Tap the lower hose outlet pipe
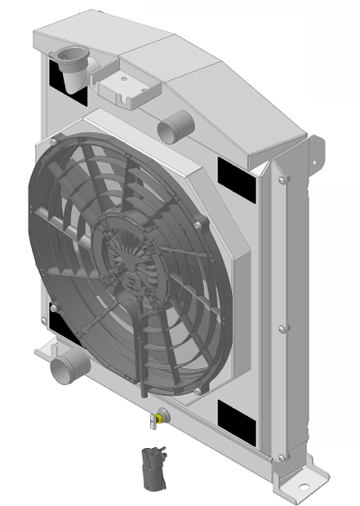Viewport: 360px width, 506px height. tap(65, 367)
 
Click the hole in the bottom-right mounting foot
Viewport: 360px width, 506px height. tap(304, 488)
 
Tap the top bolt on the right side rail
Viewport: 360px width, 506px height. tap(282, 181)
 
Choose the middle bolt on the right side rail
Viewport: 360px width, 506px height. tap(282, 329)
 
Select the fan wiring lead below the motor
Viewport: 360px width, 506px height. tap(142, 343)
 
